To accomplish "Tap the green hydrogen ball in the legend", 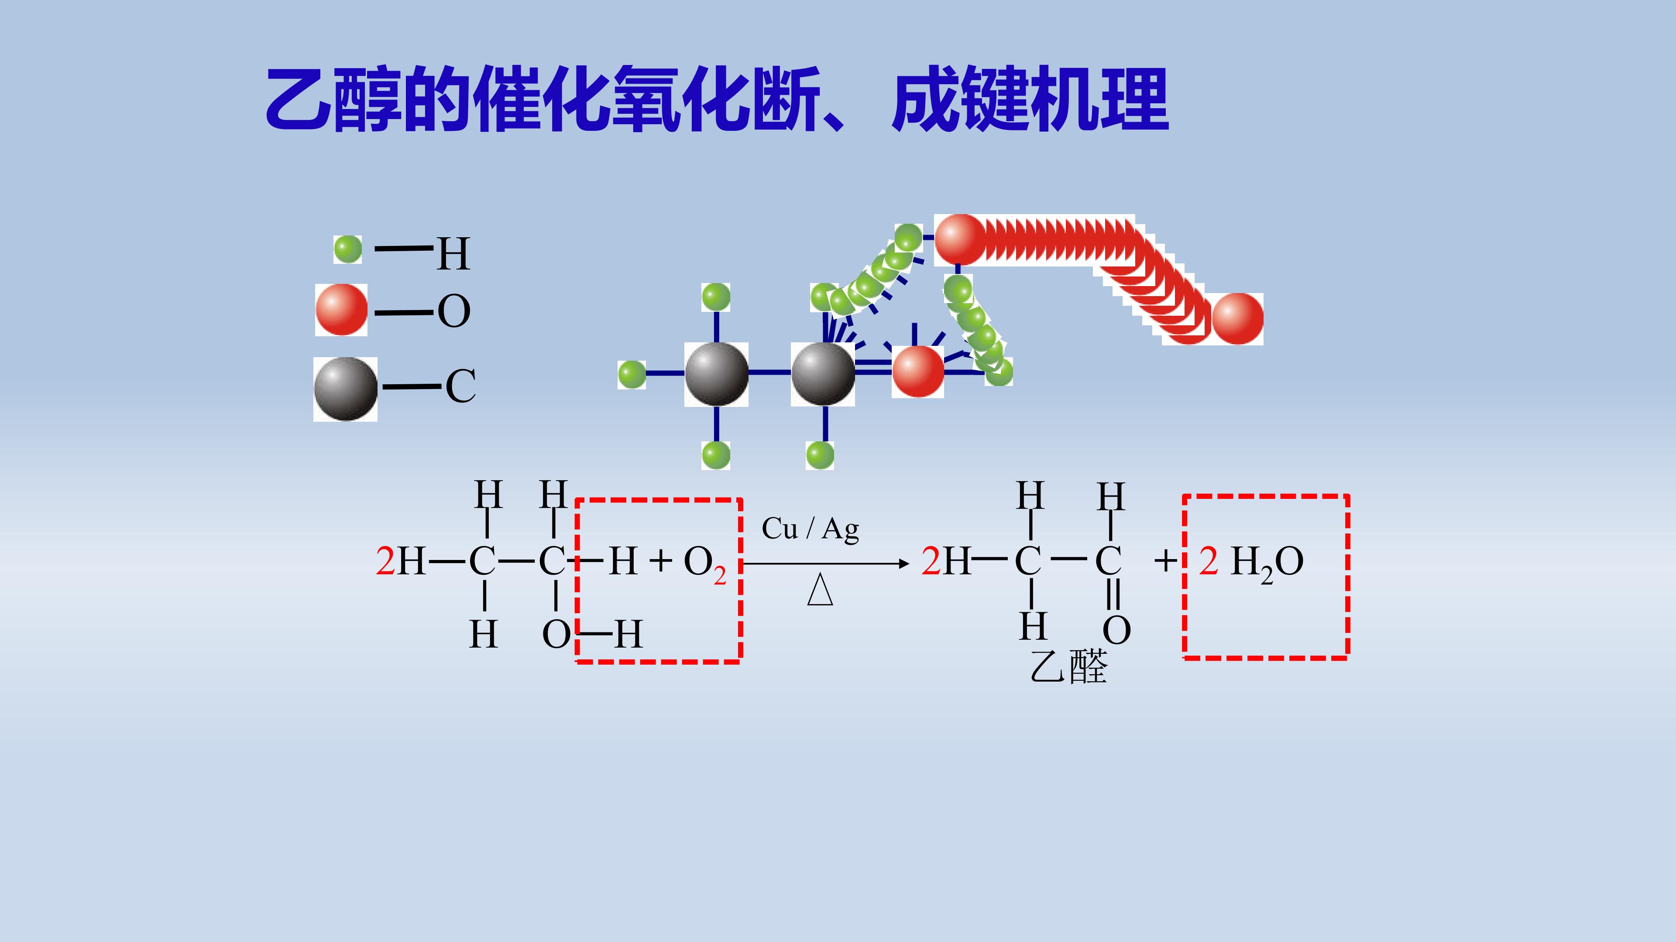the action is [347, 249].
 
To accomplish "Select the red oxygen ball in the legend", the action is [341, 310].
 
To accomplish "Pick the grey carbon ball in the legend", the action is [346, 389].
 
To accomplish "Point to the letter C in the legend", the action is [460, 386].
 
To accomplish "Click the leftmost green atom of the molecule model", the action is [632, 375].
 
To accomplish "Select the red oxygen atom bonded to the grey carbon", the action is [917, 371].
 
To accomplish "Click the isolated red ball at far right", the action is [1237, 318].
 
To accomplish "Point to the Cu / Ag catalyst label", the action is [810, 529].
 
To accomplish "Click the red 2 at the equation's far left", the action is [385, 561].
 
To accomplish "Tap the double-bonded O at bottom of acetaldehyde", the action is [1116, 629].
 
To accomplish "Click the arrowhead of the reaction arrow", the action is [904, 563].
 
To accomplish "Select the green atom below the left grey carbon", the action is [716, 455].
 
